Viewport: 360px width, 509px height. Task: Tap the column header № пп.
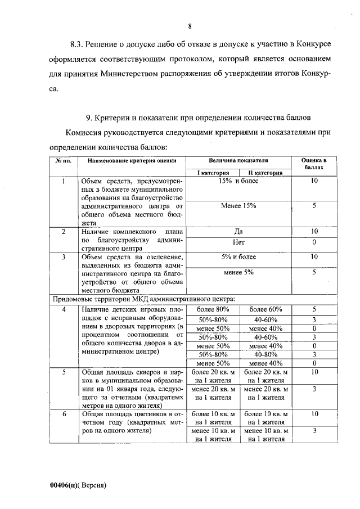pos(62,160)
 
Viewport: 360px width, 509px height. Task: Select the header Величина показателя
pos(238,160)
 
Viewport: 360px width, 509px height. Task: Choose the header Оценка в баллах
pos(314,164)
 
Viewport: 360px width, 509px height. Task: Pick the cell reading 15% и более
pos(238,181)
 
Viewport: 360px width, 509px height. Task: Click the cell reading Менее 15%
pos(238,206)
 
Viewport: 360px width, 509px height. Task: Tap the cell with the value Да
pos(238,231)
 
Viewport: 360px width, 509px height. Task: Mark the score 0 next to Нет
pos(314,242)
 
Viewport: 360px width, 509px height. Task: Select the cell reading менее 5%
pos(238,272)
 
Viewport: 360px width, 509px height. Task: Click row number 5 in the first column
pos(64,372)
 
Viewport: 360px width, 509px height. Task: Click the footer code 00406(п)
pos(63,484)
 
